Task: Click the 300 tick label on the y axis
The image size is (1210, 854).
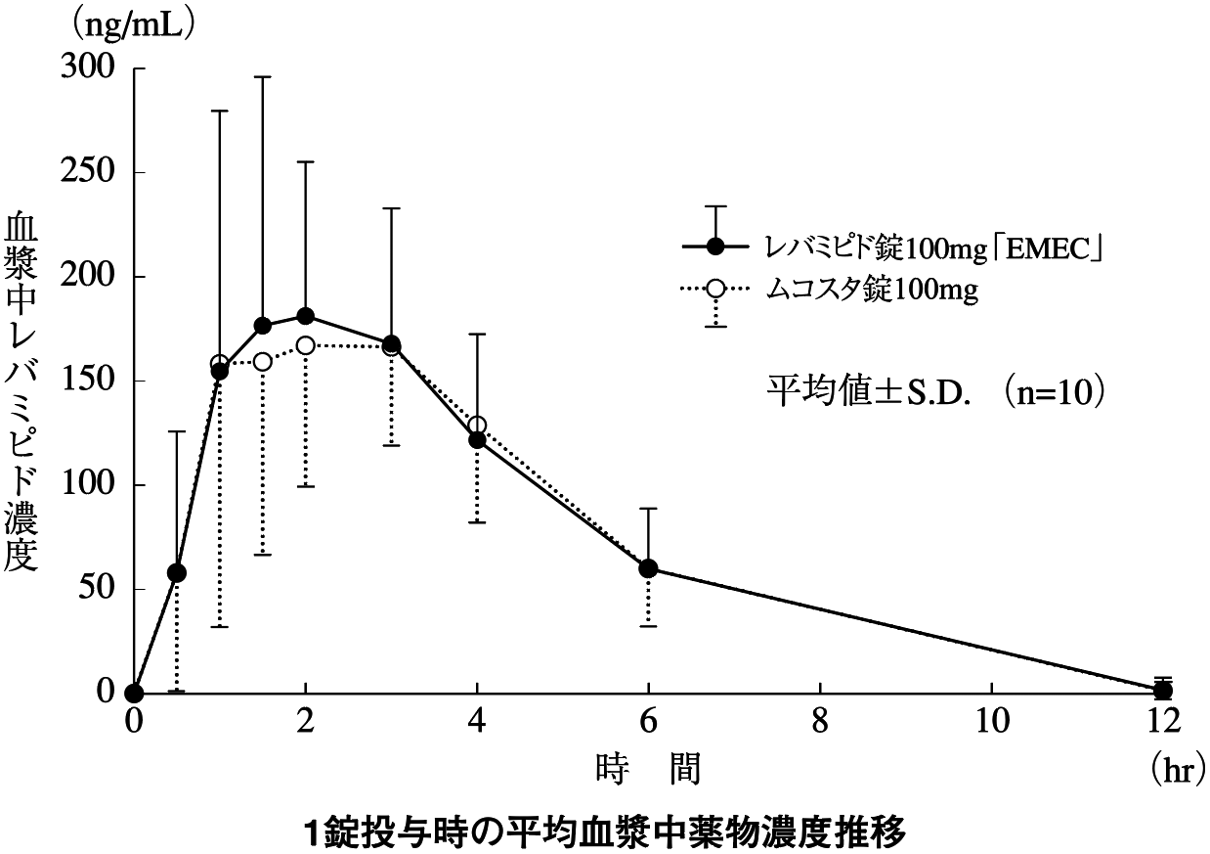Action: click(x=90, y=68)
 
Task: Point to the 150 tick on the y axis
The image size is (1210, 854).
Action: click(x=90, y=381)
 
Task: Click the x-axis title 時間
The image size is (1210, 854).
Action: click(x=647, y=770)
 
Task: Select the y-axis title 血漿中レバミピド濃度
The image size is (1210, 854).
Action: click(x=22, y=391)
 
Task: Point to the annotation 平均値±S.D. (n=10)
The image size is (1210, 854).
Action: click(x=934, y=390)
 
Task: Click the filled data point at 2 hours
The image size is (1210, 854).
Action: click(x=305, y=316)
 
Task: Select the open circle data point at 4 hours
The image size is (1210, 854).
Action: click(x=477, y=426)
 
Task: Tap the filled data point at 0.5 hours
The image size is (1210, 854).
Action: click(x=177, y=572)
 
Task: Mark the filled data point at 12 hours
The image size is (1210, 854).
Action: click(x=1162, y=690)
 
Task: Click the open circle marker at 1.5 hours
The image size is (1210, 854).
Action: click(x=263, y=361)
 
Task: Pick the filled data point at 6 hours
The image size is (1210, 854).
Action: click(x=648, y=568)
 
